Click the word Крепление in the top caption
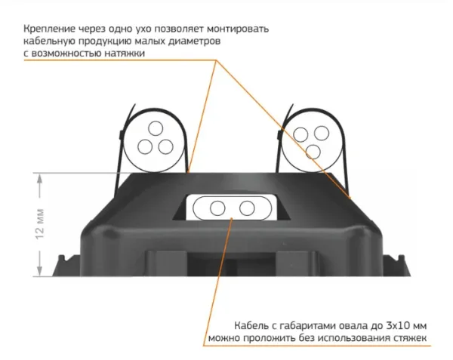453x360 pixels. click(x=49, y=29)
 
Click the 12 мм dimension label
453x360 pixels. click(x=40, y=223)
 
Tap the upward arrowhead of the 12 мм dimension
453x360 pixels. click(x=40, y=180)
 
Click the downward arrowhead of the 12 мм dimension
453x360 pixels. click(x=40, y=270)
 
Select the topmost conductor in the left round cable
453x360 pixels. click(x=156, y=128)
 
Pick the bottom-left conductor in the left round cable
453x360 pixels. click(x=145, y=146)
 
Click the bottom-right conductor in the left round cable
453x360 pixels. click(x=166, y=146)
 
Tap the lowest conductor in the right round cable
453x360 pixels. click(x=313, y=152)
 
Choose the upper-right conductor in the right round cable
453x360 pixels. click(x=322, y=133)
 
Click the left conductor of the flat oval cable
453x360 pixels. click(x=217, y=208)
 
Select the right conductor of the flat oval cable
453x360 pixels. click(x=247, y=208)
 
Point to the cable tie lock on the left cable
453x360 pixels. click(x=121, y=135)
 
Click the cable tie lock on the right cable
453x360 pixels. click(x=279, y=134)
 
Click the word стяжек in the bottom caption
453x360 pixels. click(x=410, y=338)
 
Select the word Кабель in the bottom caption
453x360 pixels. click(x=251, y=326)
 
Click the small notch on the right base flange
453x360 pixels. click(x=401, y=257)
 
